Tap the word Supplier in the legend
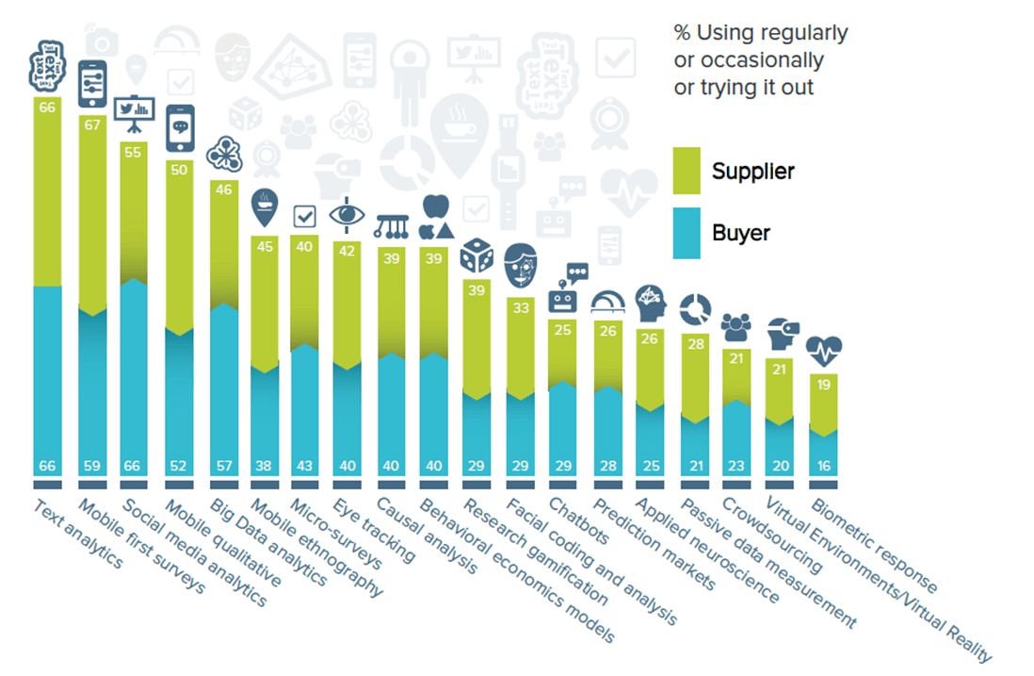coord(752,172)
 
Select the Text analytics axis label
coord(78,534)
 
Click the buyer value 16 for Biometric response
coord(823,466)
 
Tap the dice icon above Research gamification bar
coord(477,256)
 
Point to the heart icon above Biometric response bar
coord(823,351)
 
